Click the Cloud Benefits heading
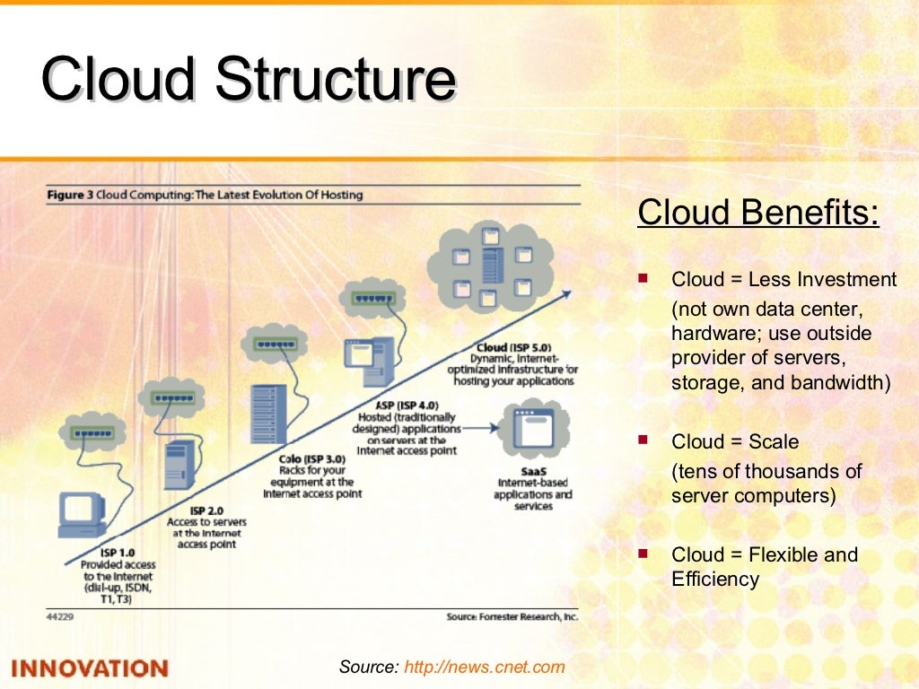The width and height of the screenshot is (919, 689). coord(758,214)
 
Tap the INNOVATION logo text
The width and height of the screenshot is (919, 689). coord(90,668)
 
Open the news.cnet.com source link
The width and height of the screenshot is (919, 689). coord(485,667)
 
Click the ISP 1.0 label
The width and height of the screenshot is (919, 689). coord(118,553)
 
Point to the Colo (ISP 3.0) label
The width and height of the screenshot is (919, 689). coord(313,458)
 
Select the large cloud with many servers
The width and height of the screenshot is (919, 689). coord(489,266)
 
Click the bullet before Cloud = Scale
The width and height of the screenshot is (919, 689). coord(642,440)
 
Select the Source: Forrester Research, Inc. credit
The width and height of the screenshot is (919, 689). coord(512,617)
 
